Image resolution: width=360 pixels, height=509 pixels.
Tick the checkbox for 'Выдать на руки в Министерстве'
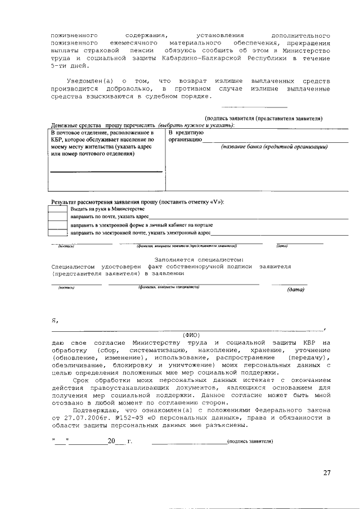(58, 209)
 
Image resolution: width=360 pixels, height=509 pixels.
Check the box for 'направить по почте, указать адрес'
(58, 217)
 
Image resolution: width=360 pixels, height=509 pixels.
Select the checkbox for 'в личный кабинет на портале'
(58, 224)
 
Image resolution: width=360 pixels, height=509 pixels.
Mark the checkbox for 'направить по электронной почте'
(58, 232)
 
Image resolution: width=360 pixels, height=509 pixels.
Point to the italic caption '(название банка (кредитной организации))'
(274, 146)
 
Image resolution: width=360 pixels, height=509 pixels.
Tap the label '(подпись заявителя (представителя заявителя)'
(264, 119)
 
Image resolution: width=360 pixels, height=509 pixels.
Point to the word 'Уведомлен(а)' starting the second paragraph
(89, 82)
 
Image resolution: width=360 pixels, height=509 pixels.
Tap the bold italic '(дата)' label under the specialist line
(295, 290)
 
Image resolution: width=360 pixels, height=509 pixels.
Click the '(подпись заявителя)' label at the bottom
(250, 441)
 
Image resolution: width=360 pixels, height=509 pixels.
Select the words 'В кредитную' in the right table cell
(185, 131)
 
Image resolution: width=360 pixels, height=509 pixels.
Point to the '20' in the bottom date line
(111, 441)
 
